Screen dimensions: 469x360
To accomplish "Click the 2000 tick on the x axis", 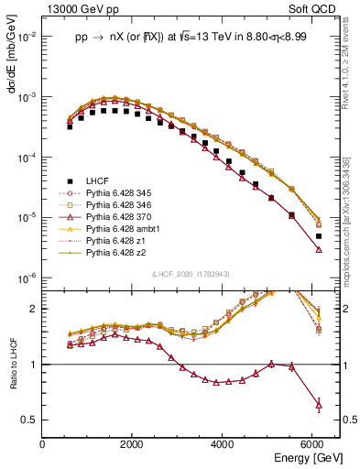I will coord(133,444).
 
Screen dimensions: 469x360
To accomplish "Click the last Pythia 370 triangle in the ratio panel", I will coord(318,404).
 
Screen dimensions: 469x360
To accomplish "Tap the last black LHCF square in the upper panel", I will coord(318,236).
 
